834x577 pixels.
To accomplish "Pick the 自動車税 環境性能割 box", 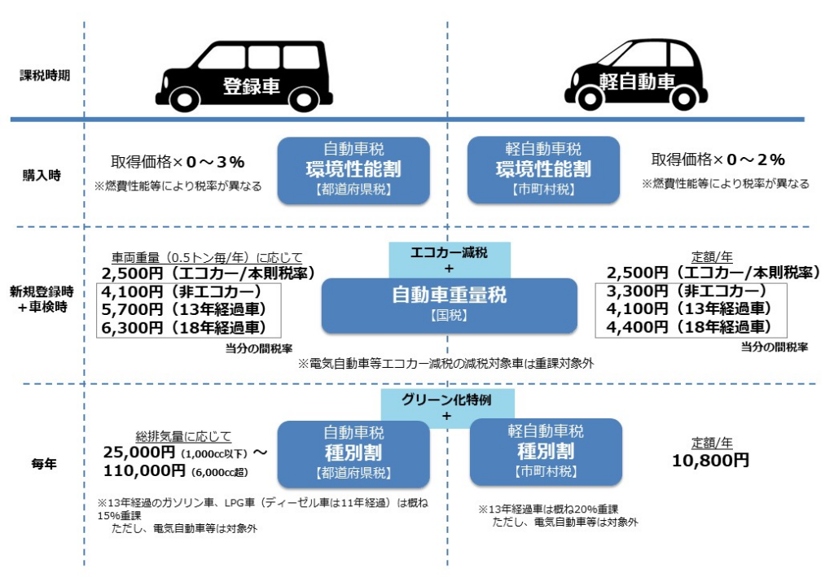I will (x=353, y=169).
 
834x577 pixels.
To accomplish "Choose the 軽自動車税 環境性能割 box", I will (x=542, y=169).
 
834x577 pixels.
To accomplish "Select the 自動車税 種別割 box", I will (x=353, y=452).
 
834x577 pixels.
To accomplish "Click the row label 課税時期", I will (x=45, y=76).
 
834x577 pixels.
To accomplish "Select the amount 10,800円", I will (x=710, y=461).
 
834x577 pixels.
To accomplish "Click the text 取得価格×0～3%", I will (x=178, y=161).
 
